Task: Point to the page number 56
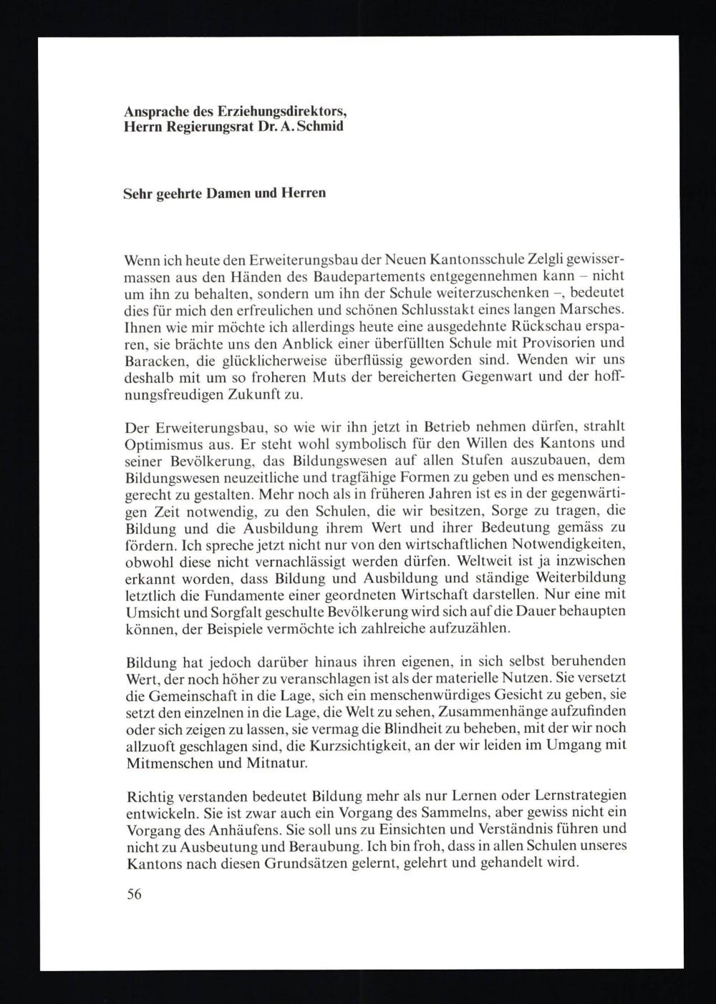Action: pyautogui.click(x=134, y=895)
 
